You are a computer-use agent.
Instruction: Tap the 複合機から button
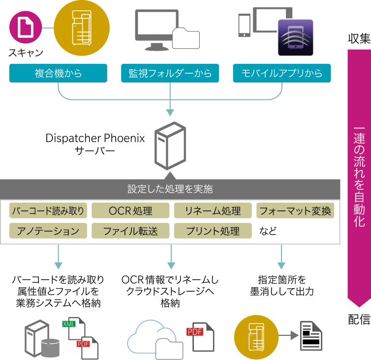point(58,73)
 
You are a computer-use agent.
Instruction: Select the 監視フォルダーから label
point(170,73)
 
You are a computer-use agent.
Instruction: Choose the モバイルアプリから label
point(282,73)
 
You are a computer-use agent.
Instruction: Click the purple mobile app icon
point(295,37)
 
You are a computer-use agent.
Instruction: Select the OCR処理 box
point(130,211)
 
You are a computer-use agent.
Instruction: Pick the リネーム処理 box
point(213,211)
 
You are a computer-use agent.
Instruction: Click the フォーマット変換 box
point(295,211)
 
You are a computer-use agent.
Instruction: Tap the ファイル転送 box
point(130,231)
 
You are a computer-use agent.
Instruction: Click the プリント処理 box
point(213,231)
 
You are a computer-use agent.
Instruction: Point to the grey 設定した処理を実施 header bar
point(170,189)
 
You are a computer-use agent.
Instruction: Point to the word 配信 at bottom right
point(359,320)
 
